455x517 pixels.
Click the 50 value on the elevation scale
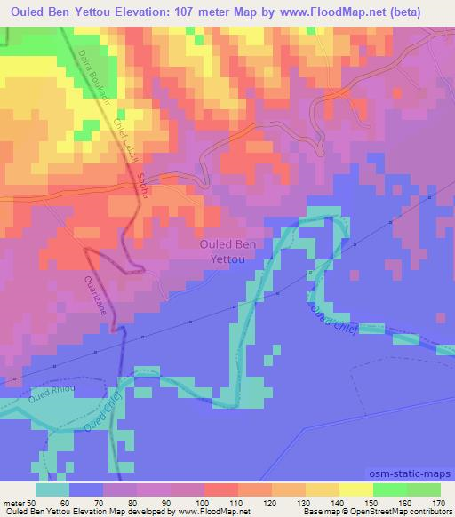(x=39, y=503)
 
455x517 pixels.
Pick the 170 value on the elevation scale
(x=437, y=503)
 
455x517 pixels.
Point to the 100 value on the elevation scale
(x=204, y=503)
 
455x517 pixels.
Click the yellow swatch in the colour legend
(x=355, y=489)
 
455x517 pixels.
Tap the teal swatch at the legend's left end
(x=53, y=489)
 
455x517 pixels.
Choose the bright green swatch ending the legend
(x=423, y=489)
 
